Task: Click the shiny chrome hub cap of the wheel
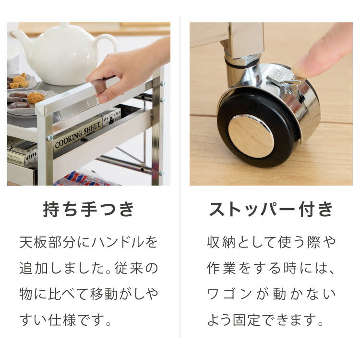[250, 136]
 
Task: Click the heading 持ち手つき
[89, 210]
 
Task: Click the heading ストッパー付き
[271, 210]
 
